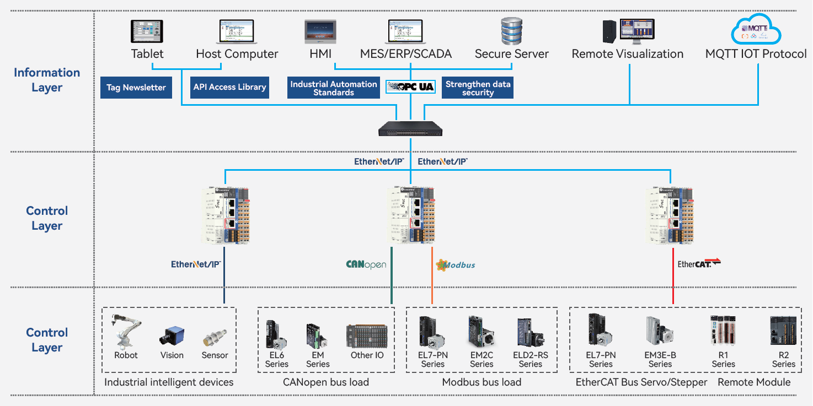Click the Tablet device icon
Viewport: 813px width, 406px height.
click(147, 31)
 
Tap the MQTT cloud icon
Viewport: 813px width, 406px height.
click(756, 30)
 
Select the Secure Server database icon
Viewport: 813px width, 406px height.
click(511, 31)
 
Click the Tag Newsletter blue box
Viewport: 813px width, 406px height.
click(136, 88)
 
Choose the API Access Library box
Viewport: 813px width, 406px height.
click(229, 87)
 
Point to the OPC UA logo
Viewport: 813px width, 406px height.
click(411, 86)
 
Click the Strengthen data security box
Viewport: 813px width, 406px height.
click(478, 88)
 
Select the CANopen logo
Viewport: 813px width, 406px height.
click(366, 264)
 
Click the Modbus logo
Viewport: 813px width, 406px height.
click(456, 265)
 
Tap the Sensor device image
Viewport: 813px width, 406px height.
click(215, 338)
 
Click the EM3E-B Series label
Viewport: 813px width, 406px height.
click(660, 360)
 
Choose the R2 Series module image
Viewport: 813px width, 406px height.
click(783, 331)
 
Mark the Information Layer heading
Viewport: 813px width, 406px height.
click(47, 80)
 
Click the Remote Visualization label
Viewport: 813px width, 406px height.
click(628, 54)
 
